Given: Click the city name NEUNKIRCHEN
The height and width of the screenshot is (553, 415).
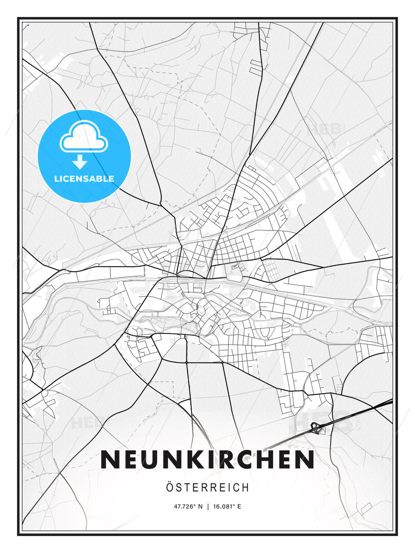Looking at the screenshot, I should coord(207,459).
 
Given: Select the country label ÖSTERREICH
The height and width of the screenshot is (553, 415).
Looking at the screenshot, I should coord(207,487).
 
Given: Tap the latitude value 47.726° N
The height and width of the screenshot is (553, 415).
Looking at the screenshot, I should coord(188,507).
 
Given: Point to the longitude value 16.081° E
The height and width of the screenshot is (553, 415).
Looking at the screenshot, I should coord(227,507).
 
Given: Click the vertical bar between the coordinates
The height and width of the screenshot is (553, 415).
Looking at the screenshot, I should coord(207,507).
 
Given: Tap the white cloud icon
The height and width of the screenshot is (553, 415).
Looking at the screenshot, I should coord(84,136).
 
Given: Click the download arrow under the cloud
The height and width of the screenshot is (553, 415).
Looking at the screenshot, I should coord(80,162).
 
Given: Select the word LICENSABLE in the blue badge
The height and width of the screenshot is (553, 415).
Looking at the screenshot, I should coord(84,179).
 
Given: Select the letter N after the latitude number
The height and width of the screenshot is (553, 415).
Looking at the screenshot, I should coord(200,507).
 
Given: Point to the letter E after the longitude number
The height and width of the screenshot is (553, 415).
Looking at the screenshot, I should coord(239,507).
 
